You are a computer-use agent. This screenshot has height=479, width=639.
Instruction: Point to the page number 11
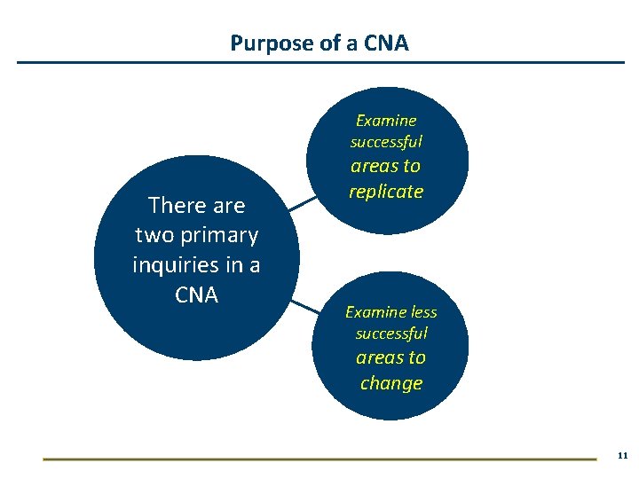621,455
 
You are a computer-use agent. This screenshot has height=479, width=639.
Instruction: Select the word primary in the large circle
218,235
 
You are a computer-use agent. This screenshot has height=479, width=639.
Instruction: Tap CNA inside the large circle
196,294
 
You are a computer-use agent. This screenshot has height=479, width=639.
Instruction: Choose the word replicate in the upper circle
386,192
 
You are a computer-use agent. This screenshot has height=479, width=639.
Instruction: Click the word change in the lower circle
391,383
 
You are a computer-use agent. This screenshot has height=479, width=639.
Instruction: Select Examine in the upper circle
386,121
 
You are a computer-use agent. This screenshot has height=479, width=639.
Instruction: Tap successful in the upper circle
386,142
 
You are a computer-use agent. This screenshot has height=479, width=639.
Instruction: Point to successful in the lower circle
391,334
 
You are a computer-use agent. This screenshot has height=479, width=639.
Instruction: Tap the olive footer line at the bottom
319,459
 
